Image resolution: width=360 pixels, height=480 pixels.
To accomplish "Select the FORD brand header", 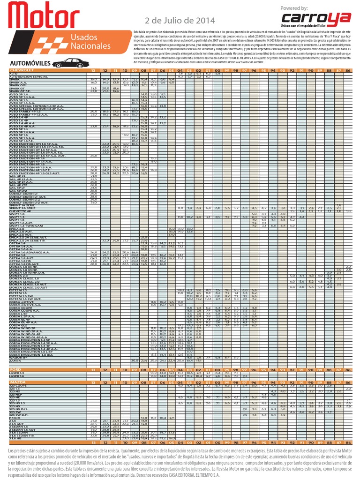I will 16,370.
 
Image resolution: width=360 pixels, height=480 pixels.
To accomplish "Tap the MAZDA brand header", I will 18,382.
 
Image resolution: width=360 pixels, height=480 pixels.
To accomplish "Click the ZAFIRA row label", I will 15,360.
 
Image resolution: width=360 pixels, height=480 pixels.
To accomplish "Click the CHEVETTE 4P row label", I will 21,211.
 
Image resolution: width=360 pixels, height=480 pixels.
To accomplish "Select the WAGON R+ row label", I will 17,357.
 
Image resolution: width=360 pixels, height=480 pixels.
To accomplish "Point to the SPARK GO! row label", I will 17,85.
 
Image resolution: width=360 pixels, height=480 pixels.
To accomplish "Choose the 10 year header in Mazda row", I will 125,382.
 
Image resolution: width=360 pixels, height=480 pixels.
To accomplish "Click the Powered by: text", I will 293,8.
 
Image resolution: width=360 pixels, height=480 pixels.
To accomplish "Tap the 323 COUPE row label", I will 19,386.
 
